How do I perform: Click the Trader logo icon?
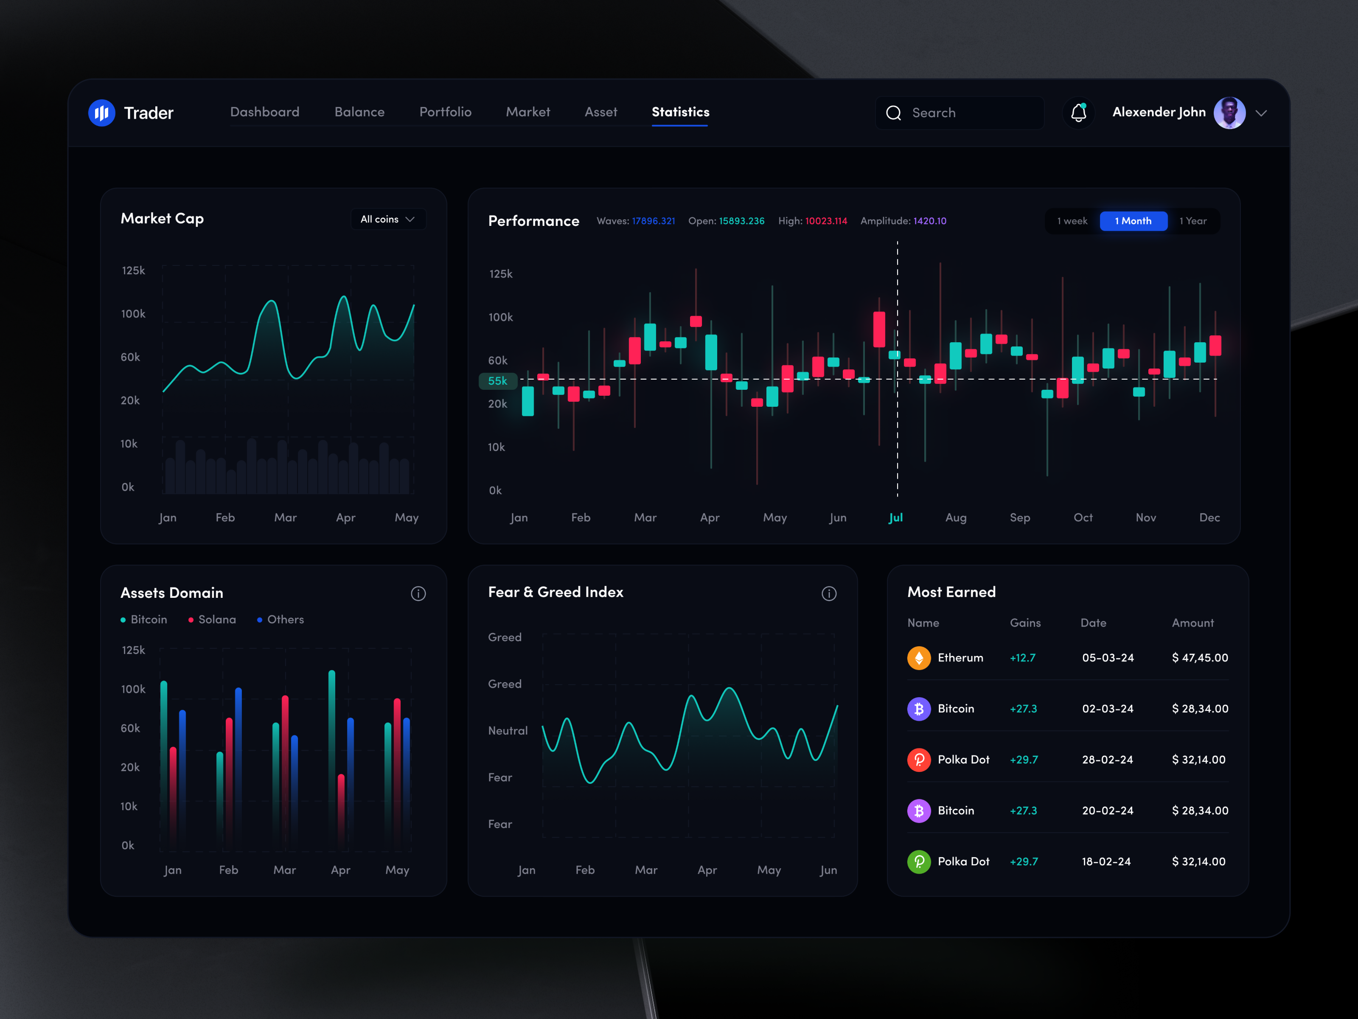tap(101, 113)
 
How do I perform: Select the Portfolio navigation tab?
tap(445, 112)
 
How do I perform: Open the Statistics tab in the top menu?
tap(680, 112)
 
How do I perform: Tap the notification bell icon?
tap(1079, 113)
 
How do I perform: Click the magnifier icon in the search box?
tap(893, 113)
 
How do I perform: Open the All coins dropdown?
tap(388, 219)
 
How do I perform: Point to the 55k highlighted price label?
tap(498, 381)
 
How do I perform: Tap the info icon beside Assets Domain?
tap(418, 593)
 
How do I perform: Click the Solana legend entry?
tap(213, 619)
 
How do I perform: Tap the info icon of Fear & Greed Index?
tap(829, 593)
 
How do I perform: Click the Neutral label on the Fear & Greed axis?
tap(508, 730)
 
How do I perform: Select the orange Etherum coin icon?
tap(918, 658)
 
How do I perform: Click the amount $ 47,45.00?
tap(1200, 658)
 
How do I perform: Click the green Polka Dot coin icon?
tap(918, 862)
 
